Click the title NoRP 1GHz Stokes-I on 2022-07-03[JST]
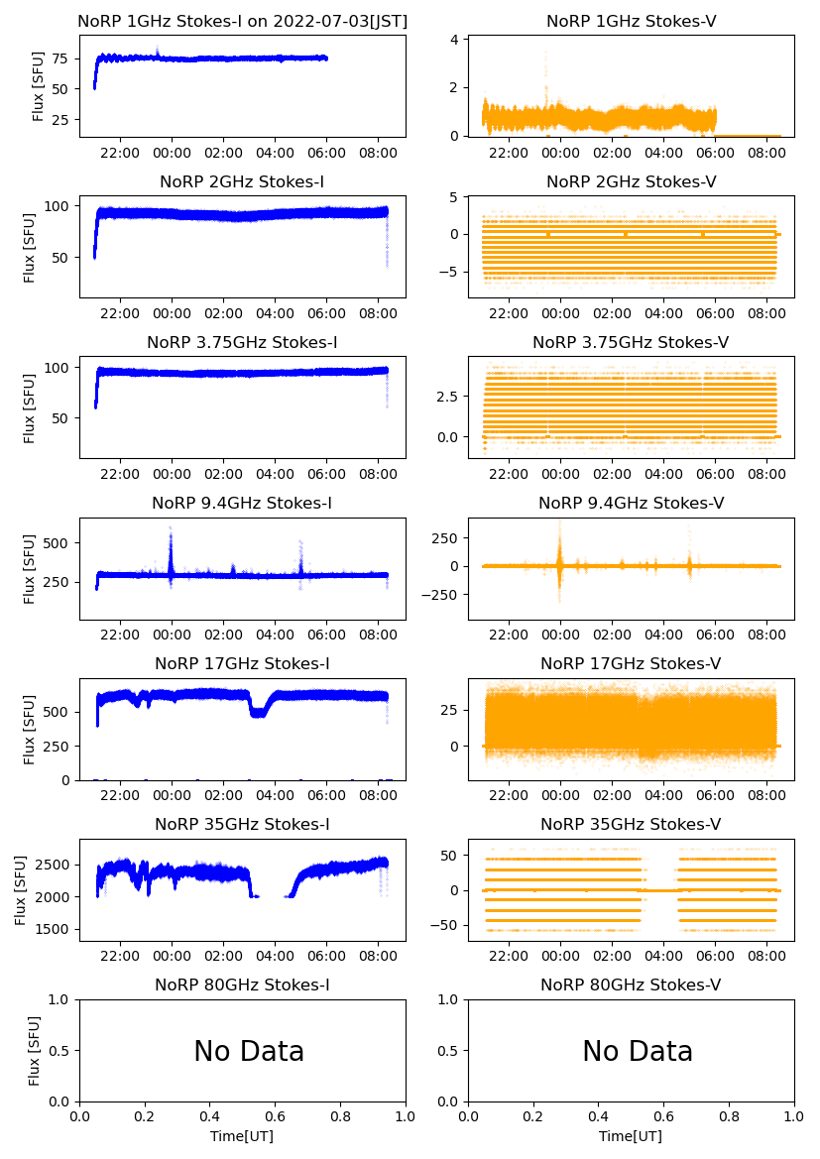coord(242,21)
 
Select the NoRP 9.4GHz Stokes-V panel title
coord(631,503)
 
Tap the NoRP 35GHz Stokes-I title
coord(242,824)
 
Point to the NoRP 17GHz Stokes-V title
coord(631,663)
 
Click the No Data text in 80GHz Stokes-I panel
coord(249,1051)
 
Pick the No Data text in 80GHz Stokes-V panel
coord(638,1051)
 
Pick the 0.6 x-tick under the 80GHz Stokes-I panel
coord(276,1117)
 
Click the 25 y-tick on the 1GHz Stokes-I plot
coord(61,120)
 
